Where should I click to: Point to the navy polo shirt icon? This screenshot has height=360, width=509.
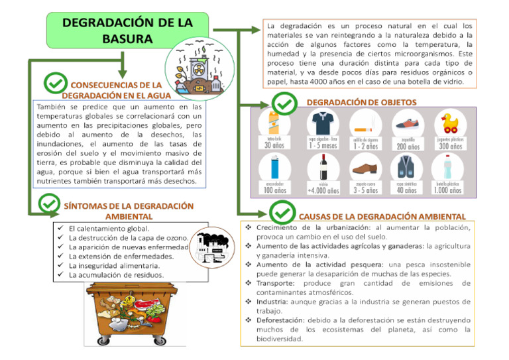[x=323, y=123]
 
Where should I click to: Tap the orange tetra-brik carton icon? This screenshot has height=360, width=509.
[x=274, y=123]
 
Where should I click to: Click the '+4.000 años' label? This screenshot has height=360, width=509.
[x=323, y=191]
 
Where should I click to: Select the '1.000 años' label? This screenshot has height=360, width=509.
[x=448, y=190]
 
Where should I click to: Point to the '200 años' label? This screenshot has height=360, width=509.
[x=408, y=147]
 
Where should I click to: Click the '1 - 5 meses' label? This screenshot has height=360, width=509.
[x=323, y=147]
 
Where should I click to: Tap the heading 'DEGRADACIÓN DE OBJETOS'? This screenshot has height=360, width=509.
[x=361, y=102]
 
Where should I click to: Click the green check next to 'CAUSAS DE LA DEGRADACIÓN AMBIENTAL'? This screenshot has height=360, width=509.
[x=282, y=213]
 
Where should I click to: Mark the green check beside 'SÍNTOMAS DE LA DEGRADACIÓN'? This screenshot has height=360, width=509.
[x=50, y=204]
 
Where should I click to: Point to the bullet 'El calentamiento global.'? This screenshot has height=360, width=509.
[x=110, y=228]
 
